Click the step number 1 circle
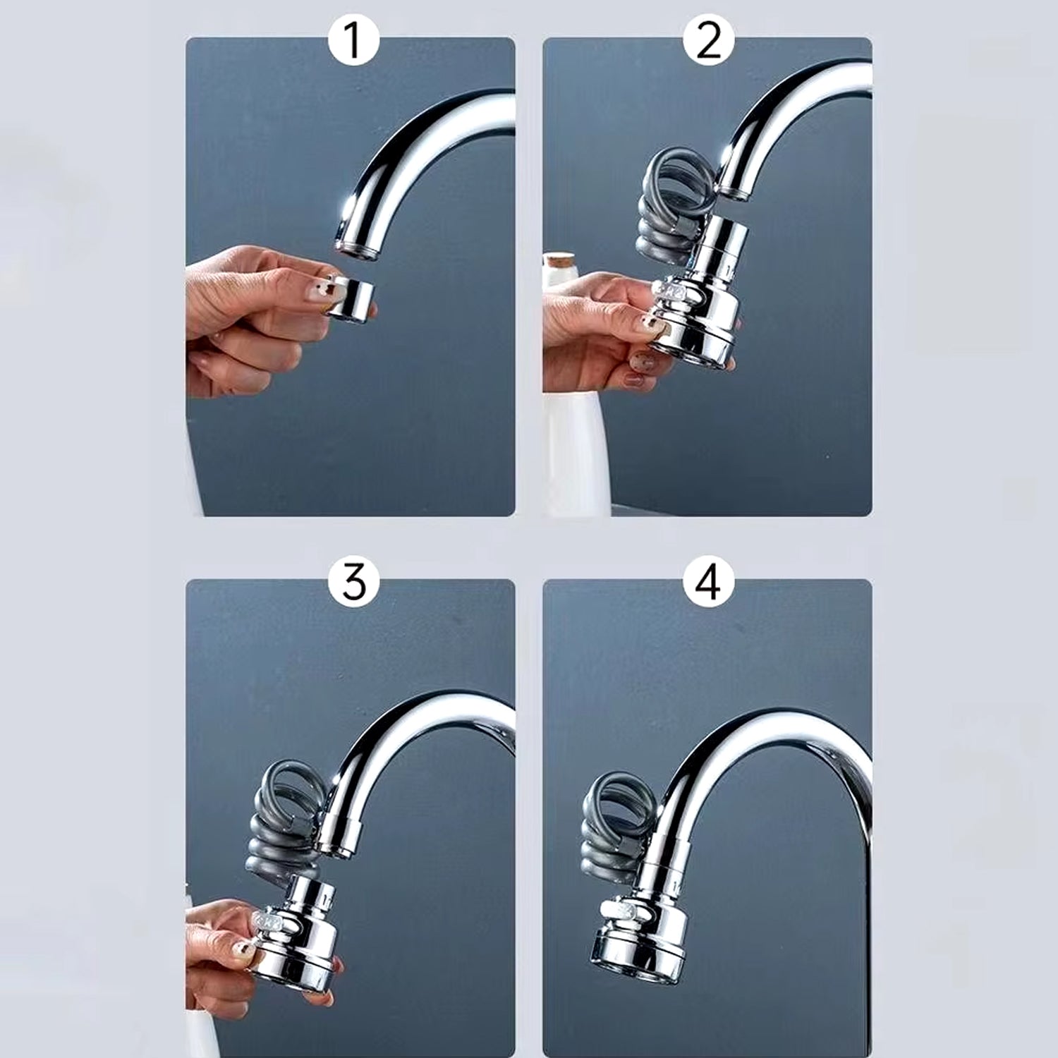coord(353,41)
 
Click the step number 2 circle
coord(708,41)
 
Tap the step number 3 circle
coord(353,583)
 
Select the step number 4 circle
coord(708,583)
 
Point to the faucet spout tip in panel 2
coord(734,190)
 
